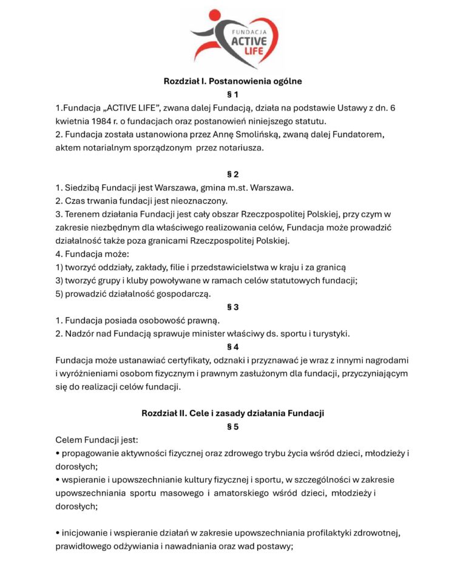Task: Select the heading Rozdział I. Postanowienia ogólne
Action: pyautogui.click(x=233, y=81)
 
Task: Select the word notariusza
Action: pyautogui.click(x=237, y=147)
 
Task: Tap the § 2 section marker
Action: pyautogui.click(x=233, y=174)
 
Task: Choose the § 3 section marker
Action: pyautogui.click(x=233, y=307)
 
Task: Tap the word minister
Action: pyautogui.click(x=205, y=334)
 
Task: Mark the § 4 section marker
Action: pyautogui.click(x=233, y=347)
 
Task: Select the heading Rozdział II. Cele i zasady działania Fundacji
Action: pyautogui.click(x=233, y=413)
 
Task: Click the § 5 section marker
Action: pyautogui.click(x=233, y=426)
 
